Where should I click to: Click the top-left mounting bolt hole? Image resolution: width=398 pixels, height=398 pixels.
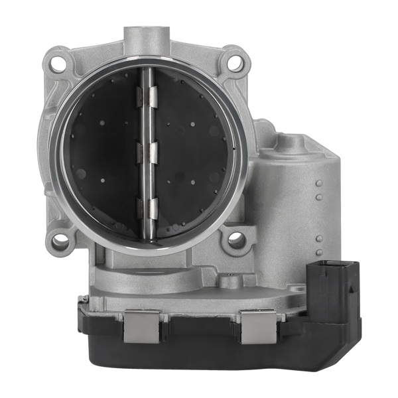58,64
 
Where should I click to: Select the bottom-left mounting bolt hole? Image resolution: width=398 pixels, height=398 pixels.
60,242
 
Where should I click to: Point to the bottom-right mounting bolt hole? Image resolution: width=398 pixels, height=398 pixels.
236,241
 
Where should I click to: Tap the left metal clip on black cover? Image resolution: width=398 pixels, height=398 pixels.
141,326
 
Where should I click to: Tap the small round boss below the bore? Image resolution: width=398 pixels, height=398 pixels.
228,283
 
